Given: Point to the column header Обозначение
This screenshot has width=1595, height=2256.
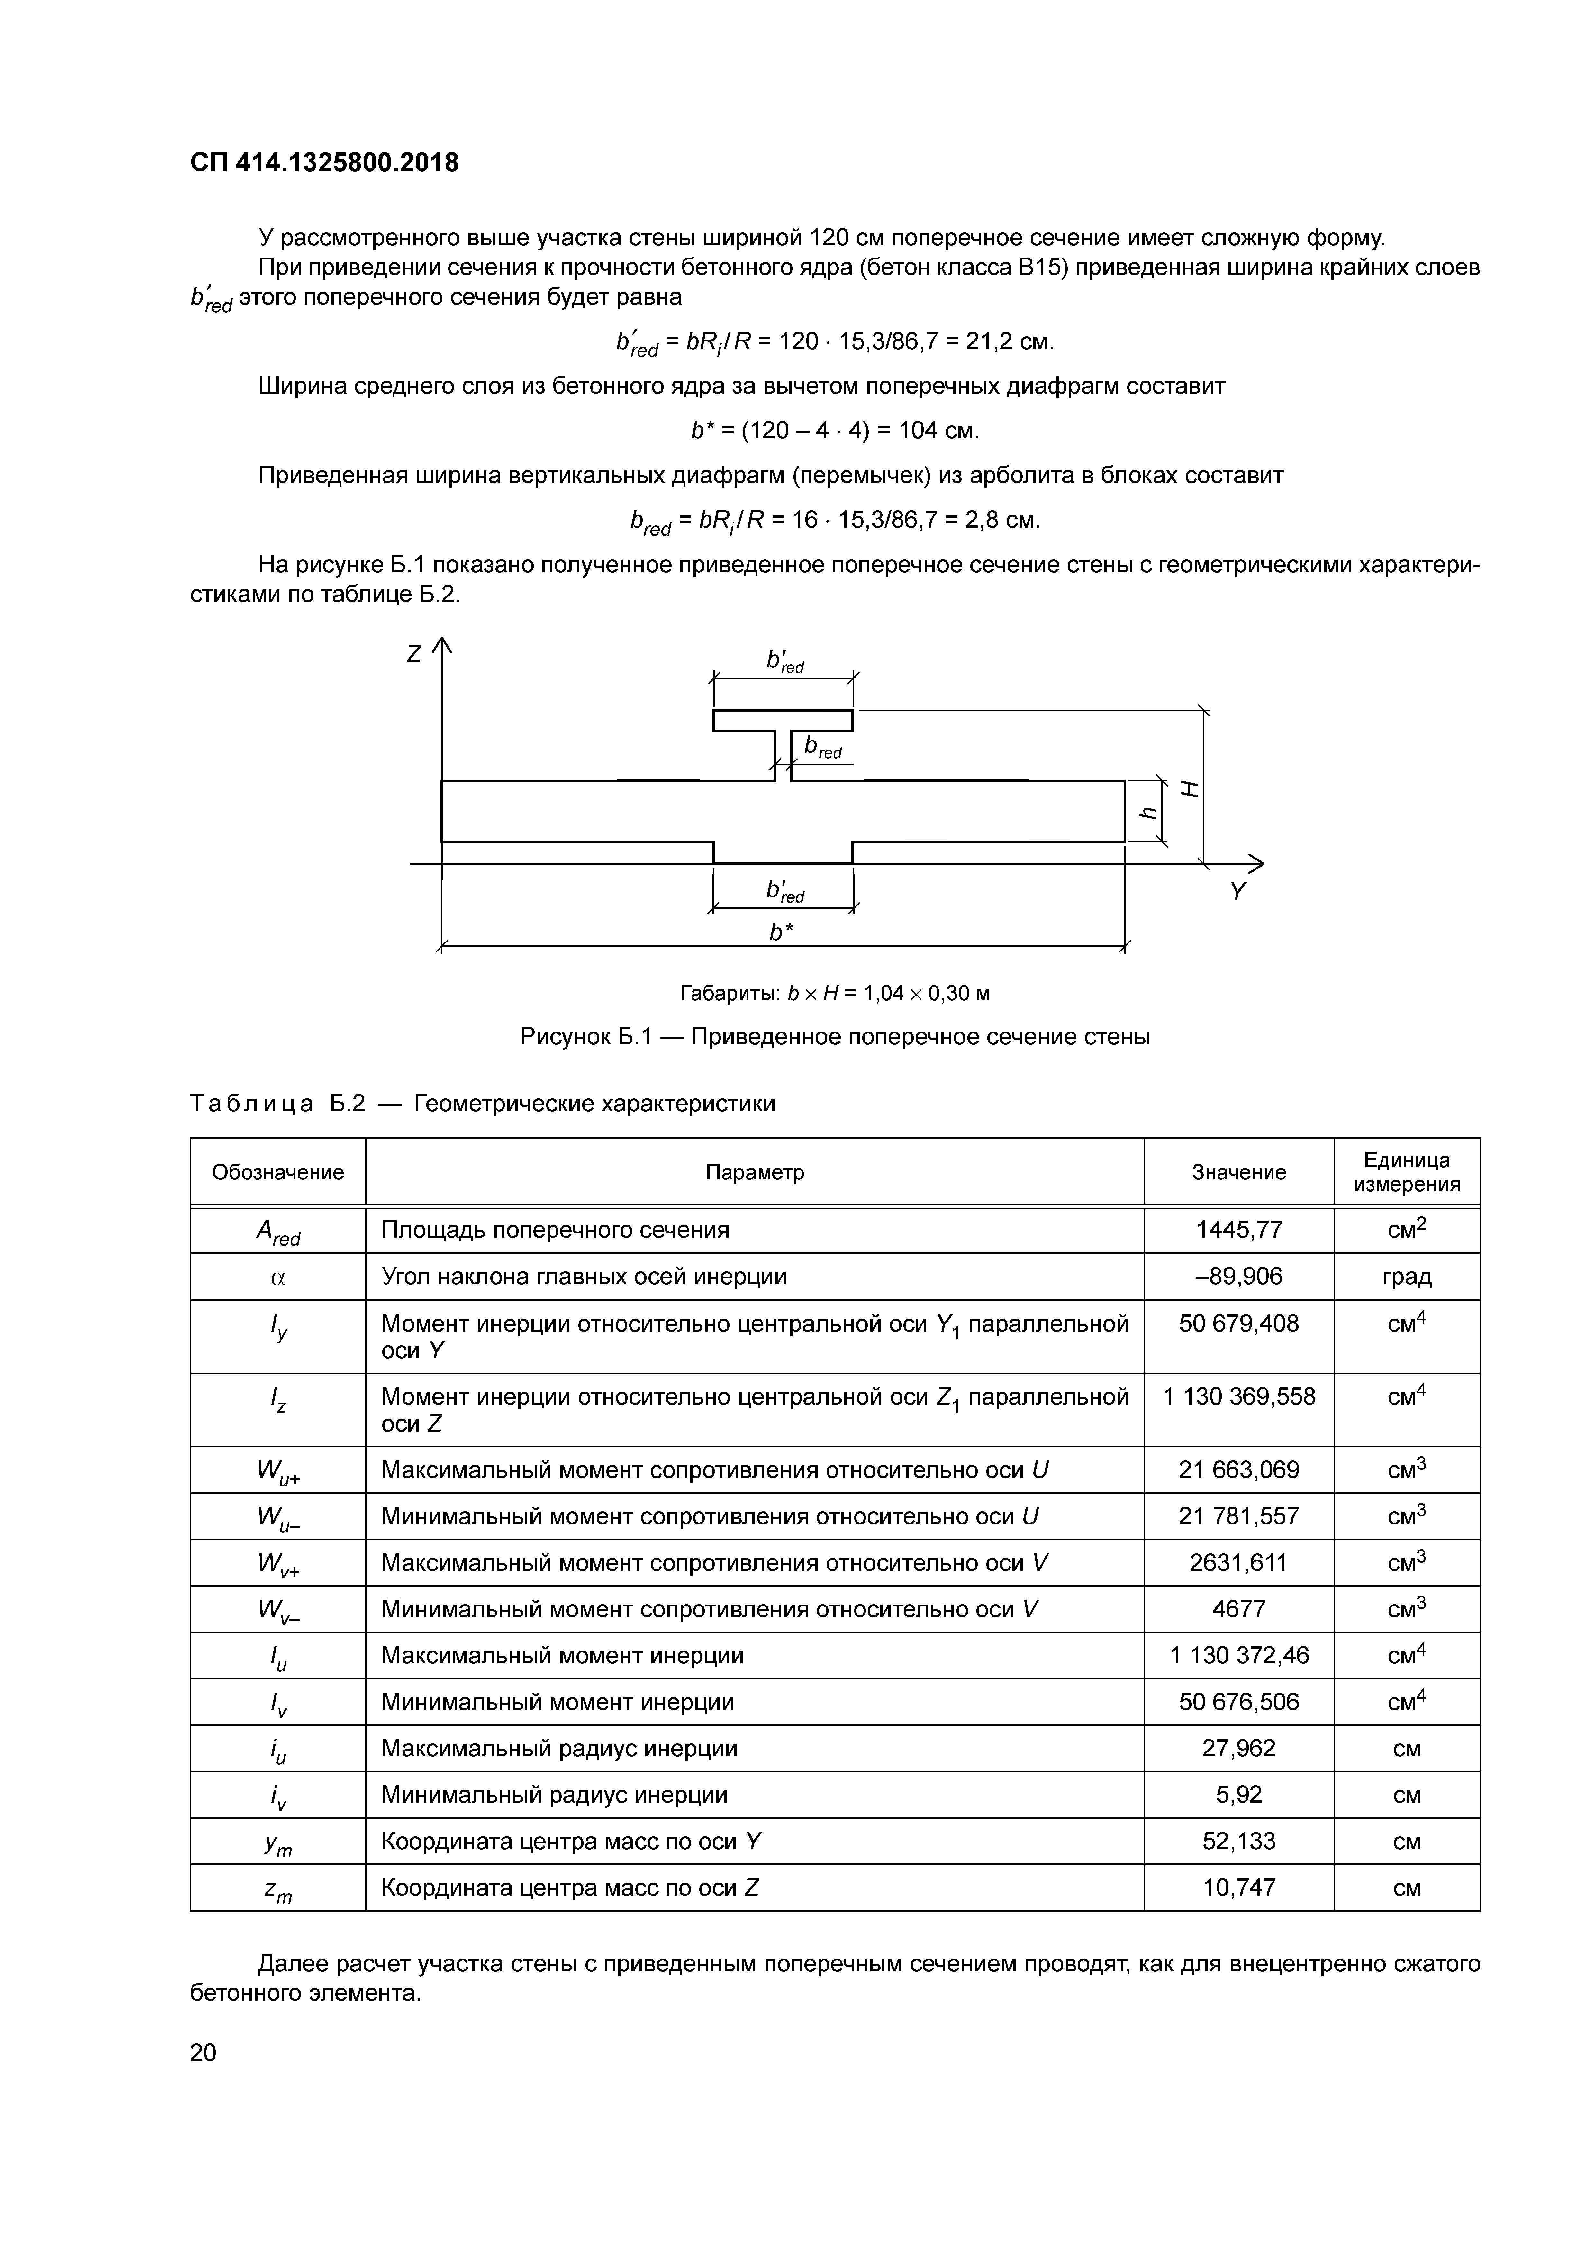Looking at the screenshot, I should tap(278, 1172).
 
